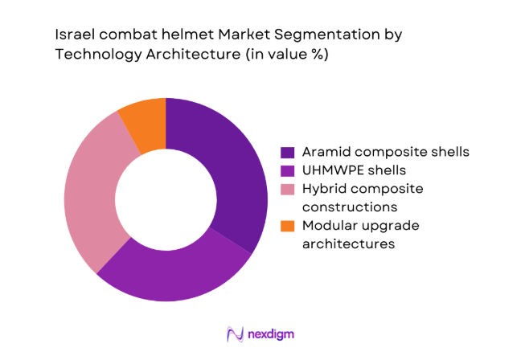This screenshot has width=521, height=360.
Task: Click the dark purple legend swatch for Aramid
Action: coord(286,152)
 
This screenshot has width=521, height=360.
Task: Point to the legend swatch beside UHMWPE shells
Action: coord(286,170)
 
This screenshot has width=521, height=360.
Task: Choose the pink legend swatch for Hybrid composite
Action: coord(286,189)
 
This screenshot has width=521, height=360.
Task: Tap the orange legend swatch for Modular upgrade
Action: coord(286,226)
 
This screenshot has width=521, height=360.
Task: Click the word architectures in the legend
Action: coord(348,243)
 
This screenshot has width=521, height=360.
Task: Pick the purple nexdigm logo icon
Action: coord(235,333)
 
